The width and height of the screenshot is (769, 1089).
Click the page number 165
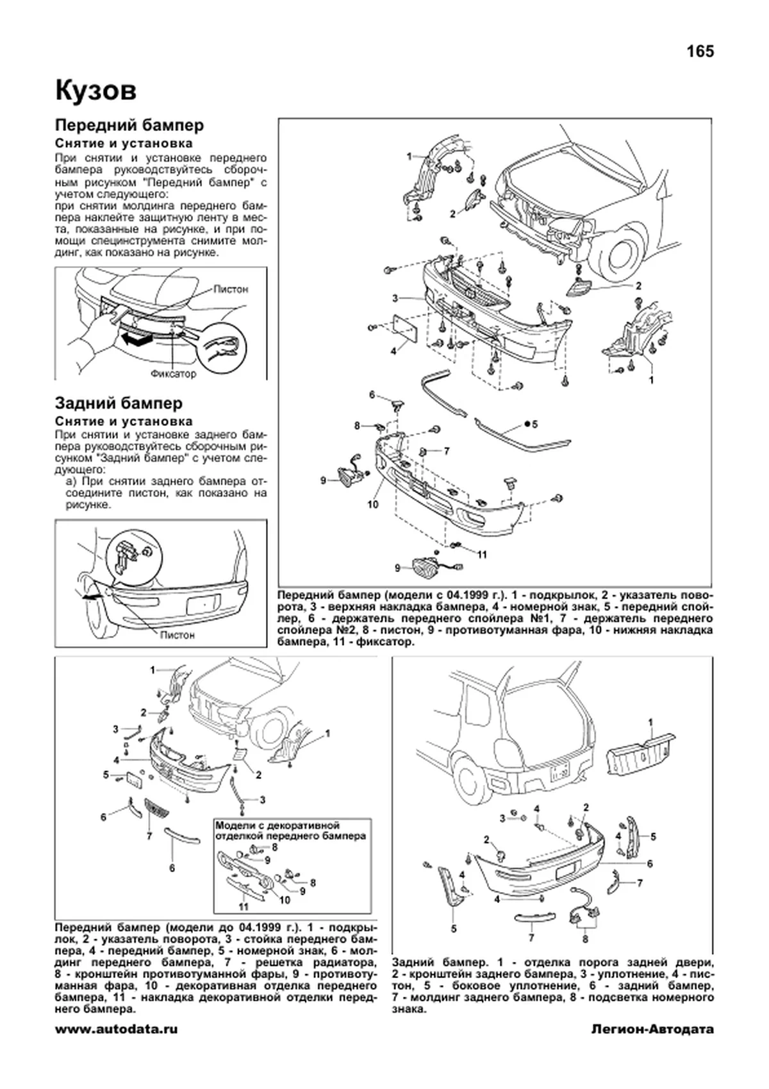700,51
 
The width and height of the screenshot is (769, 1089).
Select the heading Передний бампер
129,125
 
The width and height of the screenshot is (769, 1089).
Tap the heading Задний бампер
119,403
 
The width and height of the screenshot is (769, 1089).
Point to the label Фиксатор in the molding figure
173,373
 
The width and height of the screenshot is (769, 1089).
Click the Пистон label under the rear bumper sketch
177,635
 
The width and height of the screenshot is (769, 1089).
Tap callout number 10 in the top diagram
373,504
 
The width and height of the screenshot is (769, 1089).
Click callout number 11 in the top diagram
482,555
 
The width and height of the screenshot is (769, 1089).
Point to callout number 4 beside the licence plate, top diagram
394,351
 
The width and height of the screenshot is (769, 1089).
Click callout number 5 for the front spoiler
534,424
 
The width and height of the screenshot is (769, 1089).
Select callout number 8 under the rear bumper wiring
584,938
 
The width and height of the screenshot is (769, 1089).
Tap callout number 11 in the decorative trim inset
244,907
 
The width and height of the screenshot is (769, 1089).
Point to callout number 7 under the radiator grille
149,836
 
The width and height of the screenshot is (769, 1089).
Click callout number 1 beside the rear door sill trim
651,723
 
